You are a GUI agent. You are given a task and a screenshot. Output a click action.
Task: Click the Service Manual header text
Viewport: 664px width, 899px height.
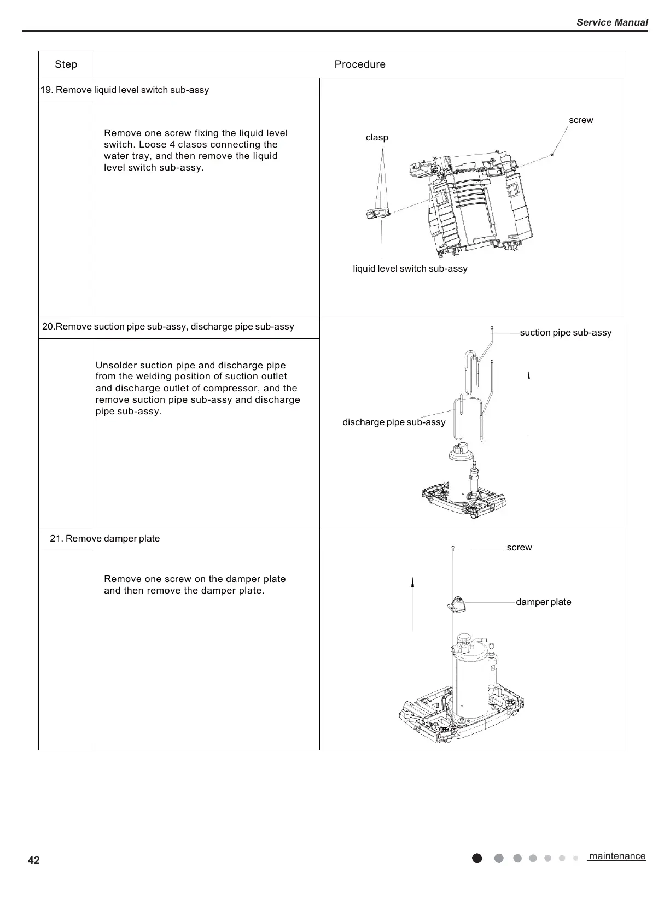click(x=612, y=22)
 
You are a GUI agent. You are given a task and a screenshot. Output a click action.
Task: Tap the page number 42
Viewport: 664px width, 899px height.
click(x=33, y=860)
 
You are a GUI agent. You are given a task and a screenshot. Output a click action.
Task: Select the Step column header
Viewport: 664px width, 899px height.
click(x=66, y=64)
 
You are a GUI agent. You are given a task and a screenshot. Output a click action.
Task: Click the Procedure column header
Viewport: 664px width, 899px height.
click(x=360, y=64)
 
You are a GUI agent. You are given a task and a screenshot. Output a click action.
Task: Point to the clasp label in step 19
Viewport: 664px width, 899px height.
click(x=377, y=137)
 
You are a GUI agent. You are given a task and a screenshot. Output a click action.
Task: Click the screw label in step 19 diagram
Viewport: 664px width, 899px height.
click(x=581, y=120)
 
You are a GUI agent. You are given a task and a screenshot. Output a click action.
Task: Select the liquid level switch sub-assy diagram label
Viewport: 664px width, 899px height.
click(x=410, y=268)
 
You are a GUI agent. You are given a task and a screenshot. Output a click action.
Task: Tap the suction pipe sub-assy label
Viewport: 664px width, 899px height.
click(x=566, y=332)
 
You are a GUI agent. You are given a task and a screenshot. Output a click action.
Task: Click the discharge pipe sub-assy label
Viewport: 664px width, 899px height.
click(x=394, y=422)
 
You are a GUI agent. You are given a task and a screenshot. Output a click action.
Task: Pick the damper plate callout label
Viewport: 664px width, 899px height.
click(x=543, y=602)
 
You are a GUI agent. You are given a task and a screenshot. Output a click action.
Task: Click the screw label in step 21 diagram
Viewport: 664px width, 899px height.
click(x=519, y=547)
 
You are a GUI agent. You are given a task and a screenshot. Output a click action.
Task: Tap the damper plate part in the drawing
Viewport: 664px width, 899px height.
click(x=456, y=604)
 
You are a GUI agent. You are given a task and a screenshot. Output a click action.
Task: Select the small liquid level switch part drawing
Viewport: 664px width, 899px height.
click(x=377, y=212)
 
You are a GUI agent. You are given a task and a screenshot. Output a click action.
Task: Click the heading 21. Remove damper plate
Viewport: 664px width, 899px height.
click(x=105, y=538)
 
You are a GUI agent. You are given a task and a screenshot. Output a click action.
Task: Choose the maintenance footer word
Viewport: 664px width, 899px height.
click(x=617, y=856)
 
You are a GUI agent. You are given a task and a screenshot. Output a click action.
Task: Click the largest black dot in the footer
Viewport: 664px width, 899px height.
click(x=477, y=858)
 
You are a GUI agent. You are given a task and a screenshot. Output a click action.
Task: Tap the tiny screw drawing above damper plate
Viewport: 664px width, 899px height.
click(x=453, y=547)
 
